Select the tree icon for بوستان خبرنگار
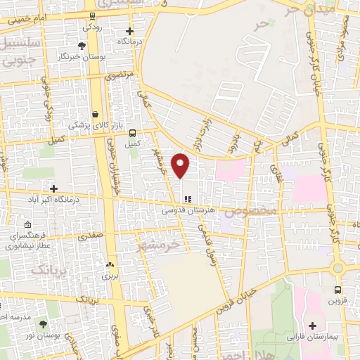(82, 46)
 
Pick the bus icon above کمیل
(133, 132)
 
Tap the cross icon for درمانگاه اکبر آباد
(53, 188)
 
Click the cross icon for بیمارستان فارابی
(313, 326)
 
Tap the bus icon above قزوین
(338, 289)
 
